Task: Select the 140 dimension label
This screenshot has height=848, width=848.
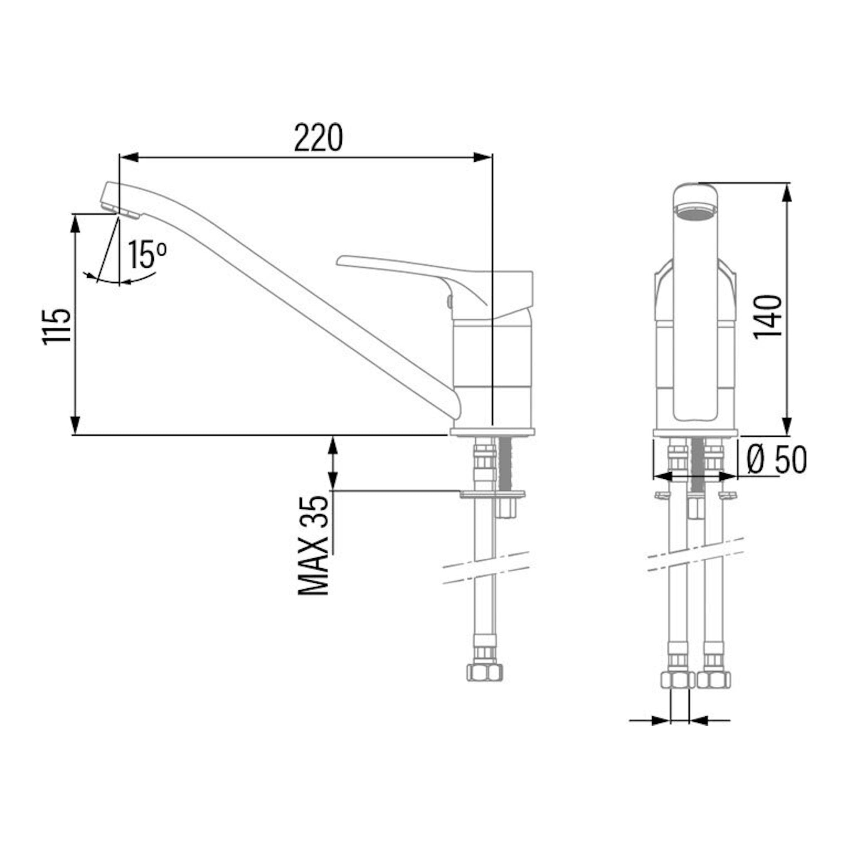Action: pos(768,316)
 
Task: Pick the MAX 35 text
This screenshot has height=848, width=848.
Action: pos(314,545)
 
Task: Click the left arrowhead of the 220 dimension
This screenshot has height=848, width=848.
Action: pos(129,157)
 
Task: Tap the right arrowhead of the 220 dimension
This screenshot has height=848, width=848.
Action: pos(482,157)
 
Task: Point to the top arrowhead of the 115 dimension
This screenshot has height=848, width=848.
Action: pos(76,224)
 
